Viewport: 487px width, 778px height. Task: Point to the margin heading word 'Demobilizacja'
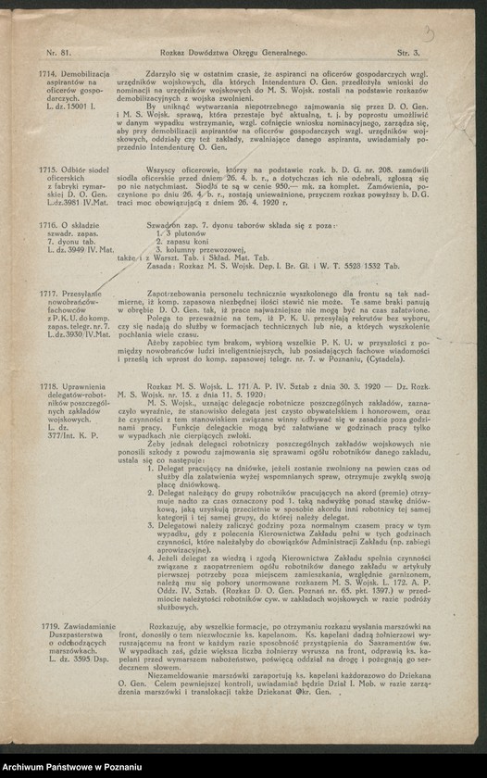(86, 73)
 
